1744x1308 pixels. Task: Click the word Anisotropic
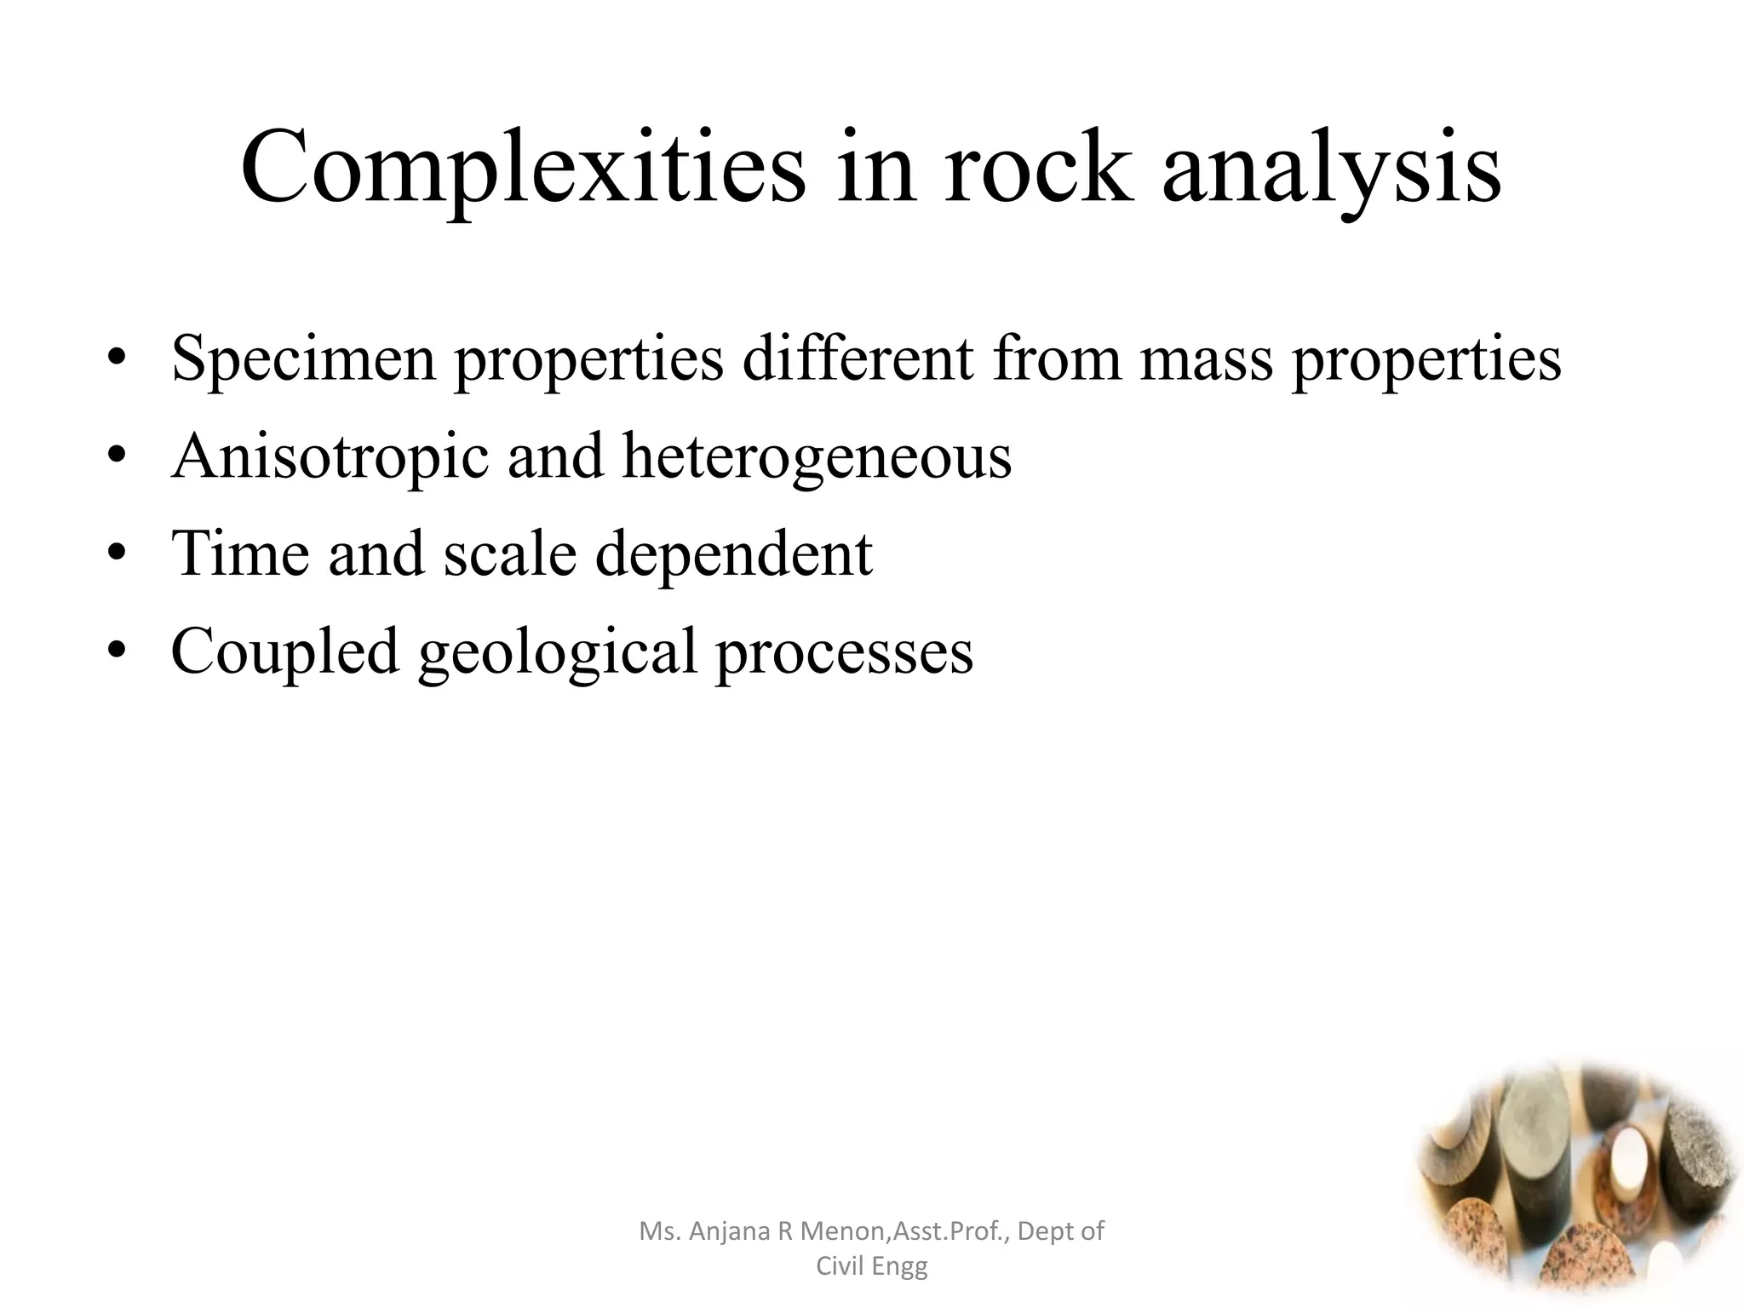click(x=330, y=456)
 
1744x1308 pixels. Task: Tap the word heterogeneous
click(x=817, y=456)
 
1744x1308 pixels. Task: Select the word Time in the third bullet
click(x=240, y=554)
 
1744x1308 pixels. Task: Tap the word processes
click(x=844, y=652)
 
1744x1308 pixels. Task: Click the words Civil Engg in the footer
click(x=871, y=1266)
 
